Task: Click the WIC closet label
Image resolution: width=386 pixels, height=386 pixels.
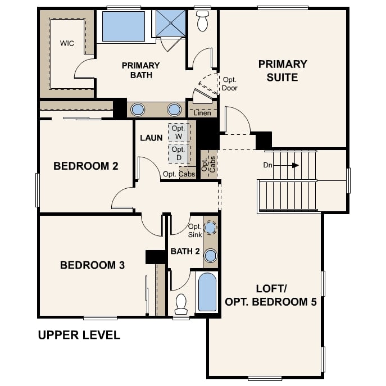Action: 67,43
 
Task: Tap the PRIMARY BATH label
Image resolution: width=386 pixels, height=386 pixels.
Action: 140,70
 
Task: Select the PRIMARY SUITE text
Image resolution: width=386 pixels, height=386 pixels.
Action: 283,71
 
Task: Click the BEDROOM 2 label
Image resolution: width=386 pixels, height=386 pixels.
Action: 85,166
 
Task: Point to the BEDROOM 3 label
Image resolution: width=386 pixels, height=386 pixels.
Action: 92,265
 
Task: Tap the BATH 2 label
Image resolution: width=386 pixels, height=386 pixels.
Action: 185,251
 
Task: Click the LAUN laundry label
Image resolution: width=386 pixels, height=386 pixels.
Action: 151,138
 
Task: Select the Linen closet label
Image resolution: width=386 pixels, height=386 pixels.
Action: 202,113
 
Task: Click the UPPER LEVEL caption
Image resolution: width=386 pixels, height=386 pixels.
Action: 79,335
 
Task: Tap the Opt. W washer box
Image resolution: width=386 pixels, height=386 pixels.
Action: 179,133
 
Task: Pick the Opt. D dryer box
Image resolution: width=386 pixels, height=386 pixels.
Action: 179,153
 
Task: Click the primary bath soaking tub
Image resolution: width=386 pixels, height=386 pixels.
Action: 123,26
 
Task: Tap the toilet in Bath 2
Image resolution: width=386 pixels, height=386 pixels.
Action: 181,304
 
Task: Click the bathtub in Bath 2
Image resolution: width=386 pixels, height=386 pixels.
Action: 207,292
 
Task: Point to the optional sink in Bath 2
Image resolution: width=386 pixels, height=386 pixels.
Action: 210,228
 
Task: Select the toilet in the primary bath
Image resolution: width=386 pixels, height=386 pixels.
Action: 202,21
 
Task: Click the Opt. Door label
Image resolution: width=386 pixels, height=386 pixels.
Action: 230,84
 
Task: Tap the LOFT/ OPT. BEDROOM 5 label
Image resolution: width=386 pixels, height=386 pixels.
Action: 271,295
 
